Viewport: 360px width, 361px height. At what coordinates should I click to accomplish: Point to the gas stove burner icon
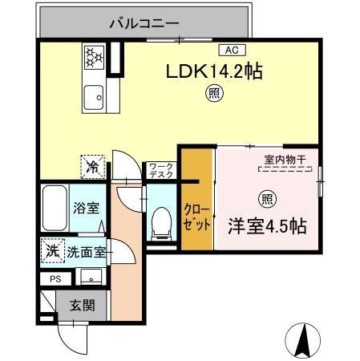click(x=95, y=57)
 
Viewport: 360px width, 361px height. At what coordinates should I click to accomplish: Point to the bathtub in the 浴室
click(x=55, y=208)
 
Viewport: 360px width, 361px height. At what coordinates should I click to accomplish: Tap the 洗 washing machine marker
click(x=51, y=250)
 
